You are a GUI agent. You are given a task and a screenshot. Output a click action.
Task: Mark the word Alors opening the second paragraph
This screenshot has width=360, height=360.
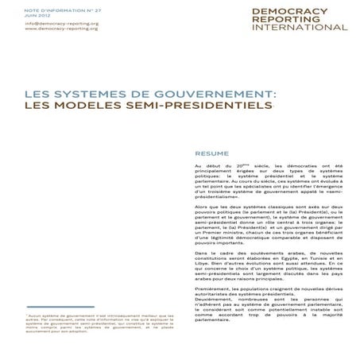point(202,204)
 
